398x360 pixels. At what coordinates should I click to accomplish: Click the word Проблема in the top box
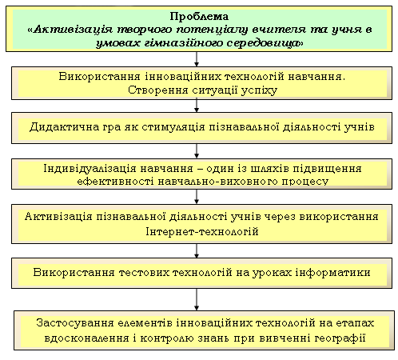coord(199,17)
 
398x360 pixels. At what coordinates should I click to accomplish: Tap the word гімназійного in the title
coord(183,43)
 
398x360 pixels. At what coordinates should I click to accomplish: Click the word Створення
coord(158,90)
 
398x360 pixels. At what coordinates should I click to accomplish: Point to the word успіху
coord(259,90)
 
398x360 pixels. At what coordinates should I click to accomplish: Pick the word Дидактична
coord(64,127)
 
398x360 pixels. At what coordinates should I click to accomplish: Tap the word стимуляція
coord(173,127)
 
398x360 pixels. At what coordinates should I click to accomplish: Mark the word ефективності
coord(115,182)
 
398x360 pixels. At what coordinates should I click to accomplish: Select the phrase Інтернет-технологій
coord(202,231)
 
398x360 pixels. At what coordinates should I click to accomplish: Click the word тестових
coord(144,273)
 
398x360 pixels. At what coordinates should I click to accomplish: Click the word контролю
coord(167,338)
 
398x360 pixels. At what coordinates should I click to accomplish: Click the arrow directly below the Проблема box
coord(197,59)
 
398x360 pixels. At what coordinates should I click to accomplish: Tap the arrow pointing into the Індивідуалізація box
coord(197,151)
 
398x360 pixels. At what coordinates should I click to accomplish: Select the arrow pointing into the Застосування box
coord(197,299)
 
